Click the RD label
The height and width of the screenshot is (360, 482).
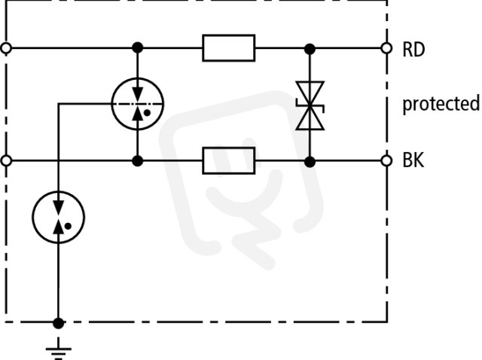click(x=413, y=49)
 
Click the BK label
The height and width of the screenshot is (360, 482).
click(x=413, y=160)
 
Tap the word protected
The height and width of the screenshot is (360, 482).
click(x=441, y=104)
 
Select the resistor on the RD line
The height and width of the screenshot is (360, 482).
click(x=229, y=48)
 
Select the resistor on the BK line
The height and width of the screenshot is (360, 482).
click(x=229, y=160)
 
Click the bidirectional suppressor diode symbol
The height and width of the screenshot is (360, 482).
click(x=310, y=105)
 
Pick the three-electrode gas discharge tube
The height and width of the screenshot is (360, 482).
click(x=137, y=104)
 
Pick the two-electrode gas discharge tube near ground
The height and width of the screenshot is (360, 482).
click(x=59, y=218)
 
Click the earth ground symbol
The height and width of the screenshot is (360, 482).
click(x=59, y=349)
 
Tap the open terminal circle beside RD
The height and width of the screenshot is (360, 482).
click(x=386, y=48)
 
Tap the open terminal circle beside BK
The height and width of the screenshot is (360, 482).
click(x=386, y=160)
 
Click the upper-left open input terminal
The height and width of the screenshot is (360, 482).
click(x=6, y=48)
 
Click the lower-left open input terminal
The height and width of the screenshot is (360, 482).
click(x=6, y=160)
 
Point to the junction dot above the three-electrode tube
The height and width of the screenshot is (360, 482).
click(x=137, y=48)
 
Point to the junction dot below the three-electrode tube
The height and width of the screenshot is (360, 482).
click(x=137, y=160)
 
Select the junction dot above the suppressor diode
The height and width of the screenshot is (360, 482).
click(x=310, y=48)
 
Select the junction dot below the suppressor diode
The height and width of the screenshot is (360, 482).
click(x=310, y=161)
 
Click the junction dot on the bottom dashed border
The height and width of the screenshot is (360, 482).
click(x=59, y=323)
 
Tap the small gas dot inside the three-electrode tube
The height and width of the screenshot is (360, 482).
click(x=147, y=113)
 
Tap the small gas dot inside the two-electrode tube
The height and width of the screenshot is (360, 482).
click(x=68, y=226)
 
